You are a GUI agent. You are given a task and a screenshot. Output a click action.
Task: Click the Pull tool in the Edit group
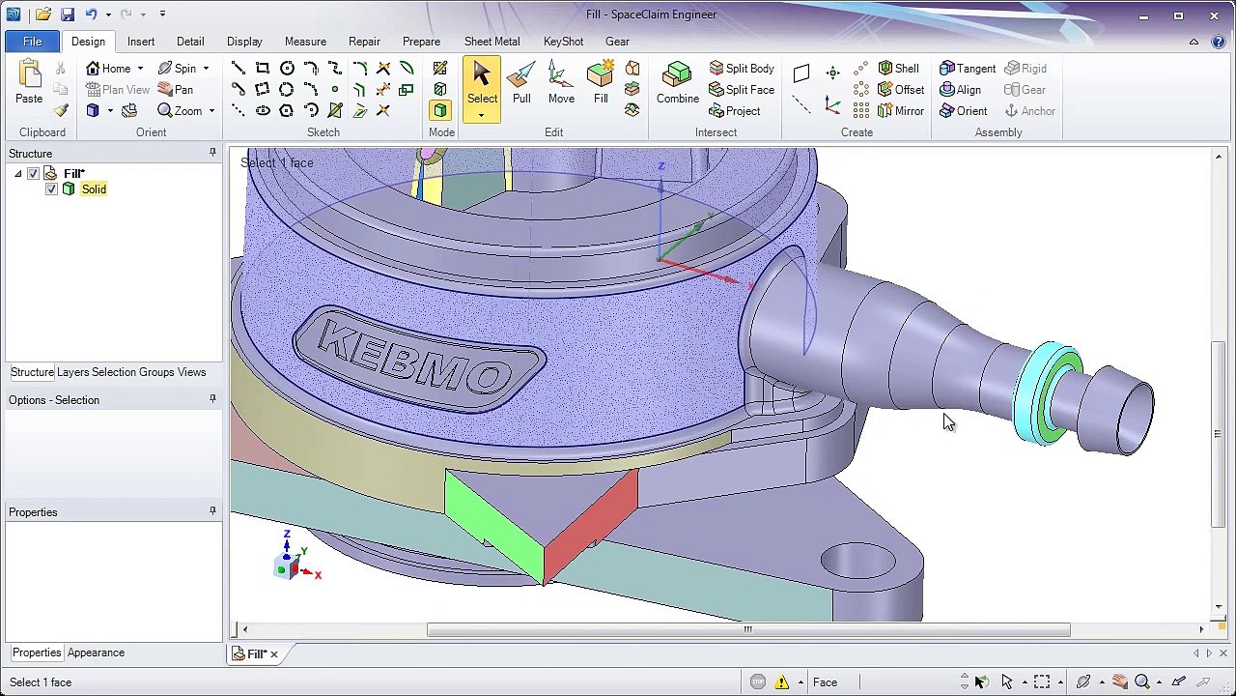(x=521, y=83)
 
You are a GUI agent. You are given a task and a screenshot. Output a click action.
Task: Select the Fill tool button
(x=601, y=83)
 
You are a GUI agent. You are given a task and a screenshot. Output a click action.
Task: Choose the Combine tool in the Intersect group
(x=678, y=83)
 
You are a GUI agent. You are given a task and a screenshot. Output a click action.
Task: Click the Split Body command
(x=742, y=68)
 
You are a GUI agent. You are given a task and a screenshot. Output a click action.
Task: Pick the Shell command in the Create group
(x=899, y=68)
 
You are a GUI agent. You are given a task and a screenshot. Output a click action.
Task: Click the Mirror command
(x=901, y=111)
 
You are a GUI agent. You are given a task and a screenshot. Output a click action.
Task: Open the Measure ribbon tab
(x=305, y=42)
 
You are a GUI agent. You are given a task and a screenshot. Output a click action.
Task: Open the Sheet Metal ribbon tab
(x=492, y=42)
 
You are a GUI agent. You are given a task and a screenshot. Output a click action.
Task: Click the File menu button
(x=33, y=42)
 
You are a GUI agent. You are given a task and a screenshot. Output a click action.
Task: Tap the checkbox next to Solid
(x=51, y=189)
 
